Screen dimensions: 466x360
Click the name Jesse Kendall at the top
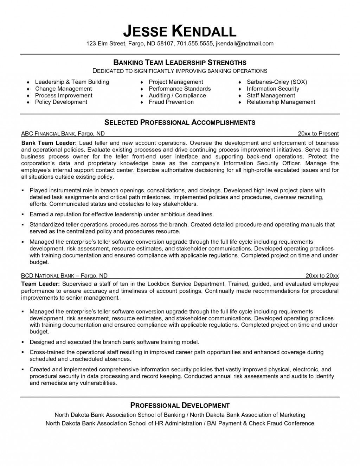(180, 31)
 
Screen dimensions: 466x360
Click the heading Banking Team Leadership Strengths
(180, 63)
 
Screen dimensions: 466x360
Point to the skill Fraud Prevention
(171, 102)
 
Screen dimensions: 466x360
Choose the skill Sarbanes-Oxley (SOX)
(277, 82)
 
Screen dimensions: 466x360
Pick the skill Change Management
(63, 89)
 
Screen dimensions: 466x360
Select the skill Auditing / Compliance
(177, 95)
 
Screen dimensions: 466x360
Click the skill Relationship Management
(281, 102)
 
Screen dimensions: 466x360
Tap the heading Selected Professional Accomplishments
(180, 122)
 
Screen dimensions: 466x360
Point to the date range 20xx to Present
(318, 134)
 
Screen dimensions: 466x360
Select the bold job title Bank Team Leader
(49, 143)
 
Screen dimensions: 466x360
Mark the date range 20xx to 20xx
(322, 276)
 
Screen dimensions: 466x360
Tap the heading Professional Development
(180, 405)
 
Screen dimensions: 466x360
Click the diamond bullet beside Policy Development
(28, 102)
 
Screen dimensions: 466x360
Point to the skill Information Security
(273, 89)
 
